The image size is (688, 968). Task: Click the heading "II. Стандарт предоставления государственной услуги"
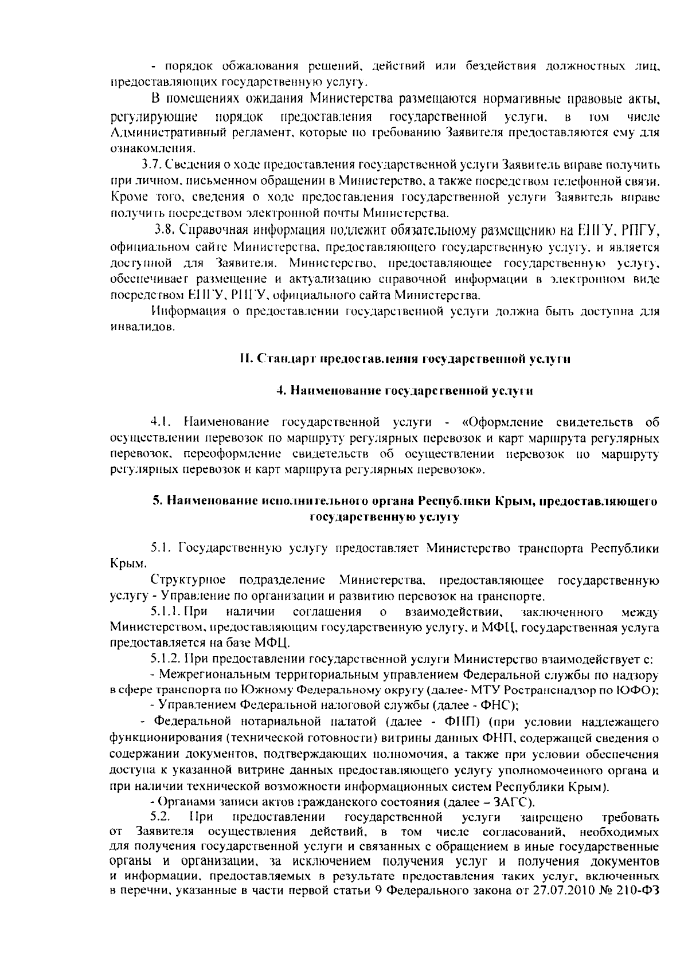click(405, 359)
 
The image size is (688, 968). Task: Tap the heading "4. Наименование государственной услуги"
click(405, 391)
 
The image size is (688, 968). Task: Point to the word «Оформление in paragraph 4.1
click(502, 423)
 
